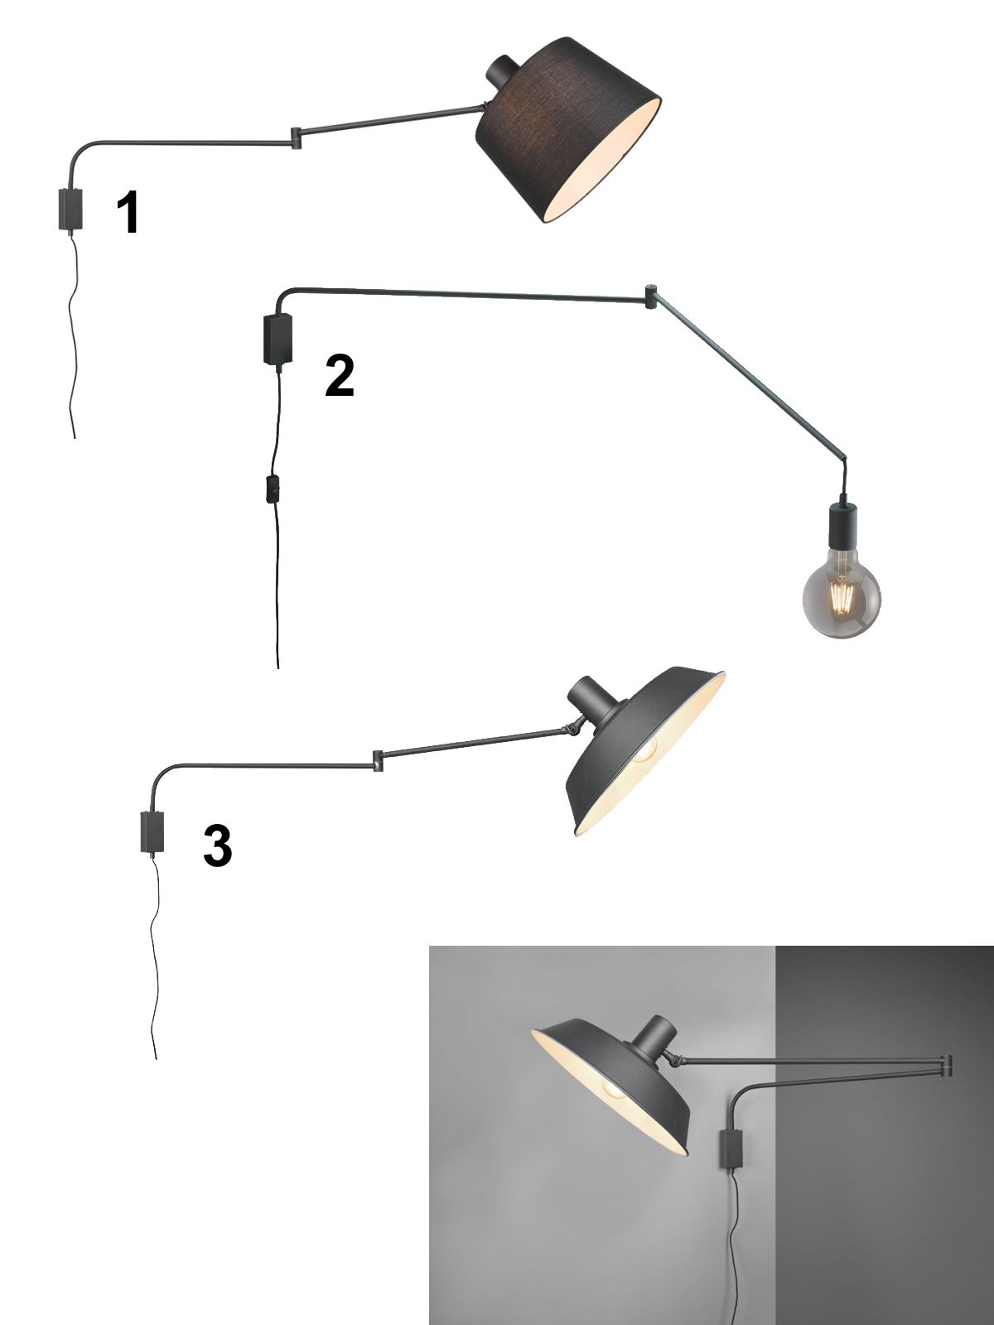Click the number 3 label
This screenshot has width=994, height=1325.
pos(218,846)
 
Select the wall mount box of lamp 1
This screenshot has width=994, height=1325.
pos(70,210)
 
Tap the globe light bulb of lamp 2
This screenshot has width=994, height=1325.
pos(842,600)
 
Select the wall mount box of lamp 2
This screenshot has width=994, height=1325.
pos(277,340)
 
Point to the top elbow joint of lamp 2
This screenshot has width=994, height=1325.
pos(650,296)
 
